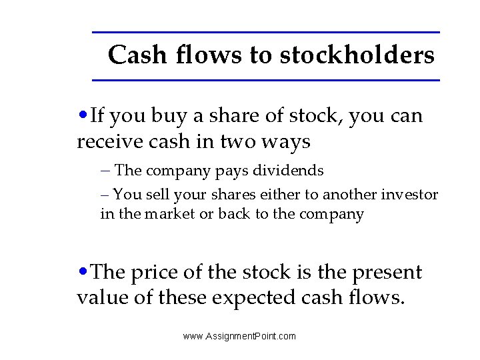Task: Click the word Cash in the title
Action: click(x=137, y=55)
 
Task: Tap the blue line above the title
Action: click(x=265, y=32)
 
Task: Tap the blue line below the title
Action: click(x=265, y=81)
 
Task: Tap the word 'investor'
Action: click(x=409, y=195)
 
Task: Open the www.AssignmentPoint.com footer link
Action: click(x=239, y=336)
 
